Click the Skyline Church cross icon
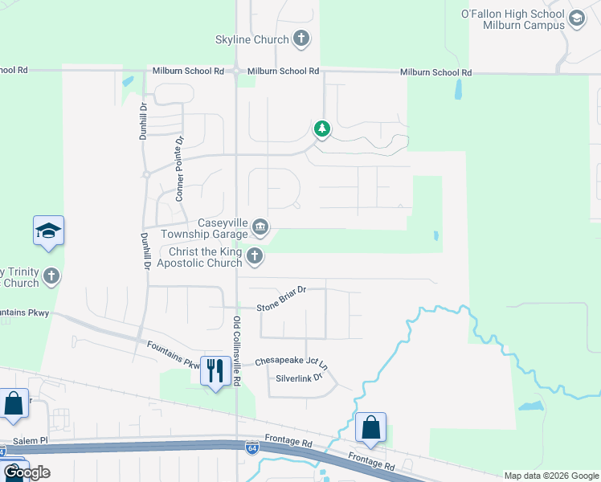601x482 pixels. click(x=300, y=39)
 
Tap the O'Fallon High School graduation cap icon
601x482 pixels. click(x=576, y=18)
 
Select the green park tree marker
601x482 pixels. click(x=321, y=129)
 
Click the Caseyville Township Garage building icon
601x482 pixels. click(x=260, y=228)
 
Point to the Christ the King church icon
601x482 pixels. click(x=255, y=257)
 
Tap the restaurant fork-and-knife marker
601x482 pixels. click(x=215, y=370)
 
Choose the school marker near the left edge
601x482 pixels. click(x=48, y=231)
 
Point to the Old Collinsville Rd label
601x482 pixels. click(x=237, y=349)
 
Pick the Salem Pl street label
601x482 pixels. click(x=31, y=442)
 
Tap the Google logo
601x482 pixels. click(x=27, y=472)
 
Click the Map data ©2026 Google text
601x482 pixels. click(x=551, y=476)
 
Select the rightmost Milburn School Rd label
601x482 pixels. click(x=435, y=72)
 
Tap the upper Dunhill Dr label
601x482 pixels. click(x=143, y=120)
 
